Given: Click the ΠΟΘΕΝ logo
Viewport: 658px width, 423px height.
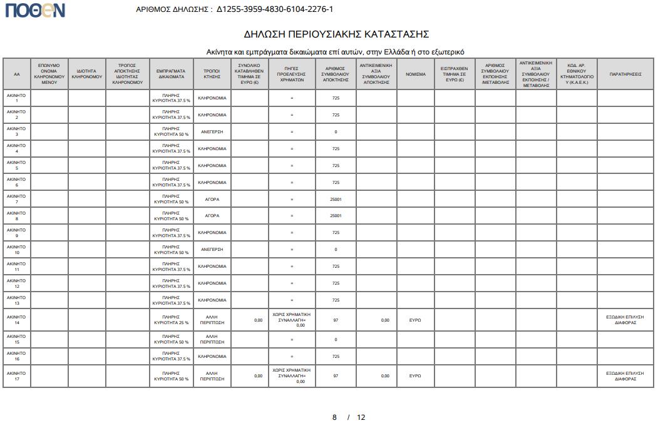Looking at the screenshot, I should pos(35,10).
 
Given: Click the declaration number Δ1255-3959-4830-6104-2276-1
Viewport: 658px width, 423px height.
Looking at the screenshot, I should pos(275,9).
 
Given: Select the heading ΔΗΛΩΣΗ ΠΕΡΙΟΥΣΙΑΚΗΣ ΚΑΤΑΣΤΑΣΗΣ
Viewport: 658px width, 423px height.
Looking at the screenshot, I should pos(336,34).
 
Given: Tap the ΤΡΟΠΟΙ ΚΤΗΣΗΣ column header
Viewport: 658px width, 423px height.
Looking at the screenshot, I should pos(212,74).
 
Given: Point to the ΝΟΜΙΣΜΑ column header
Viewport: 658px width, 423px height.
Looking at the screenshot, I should pos(415,74).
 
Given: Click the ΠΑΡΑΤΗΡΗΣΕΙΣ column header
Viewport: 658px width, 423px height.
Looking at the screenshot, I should pos(625,74).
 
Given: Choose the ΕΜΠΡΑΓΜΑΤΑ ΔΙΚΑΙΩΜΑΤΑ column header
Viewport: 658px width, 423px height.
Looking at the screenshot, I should pos(171,74).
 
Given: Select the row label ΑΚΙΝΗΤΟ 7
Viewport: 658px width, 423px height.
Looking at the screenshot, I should pos(17,199).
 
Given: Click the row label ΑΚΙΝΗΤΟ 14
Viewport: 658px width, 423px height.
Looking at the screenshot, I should pos(17,320).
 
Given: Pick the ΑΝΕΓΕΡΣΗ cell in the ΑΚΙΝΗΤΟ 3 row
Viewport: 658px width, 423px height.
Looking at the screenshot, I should pos(212,132).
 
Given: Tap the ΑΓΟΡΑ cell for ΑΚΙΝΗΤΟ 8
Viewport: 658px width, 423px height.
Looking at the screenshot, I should pos(212,216).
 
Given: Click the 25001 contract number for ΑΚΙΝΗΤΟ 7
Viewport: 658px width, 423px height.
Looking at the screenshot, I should pos(336,199).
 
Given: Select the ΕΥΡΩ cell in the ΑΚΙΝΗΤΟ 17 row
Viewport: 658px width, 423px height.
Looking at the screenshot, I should pos(415,376).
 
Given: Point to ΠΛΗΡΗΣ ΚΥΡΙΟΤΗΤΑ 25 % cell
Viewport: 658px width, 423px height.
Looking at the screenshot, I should pos(171,320).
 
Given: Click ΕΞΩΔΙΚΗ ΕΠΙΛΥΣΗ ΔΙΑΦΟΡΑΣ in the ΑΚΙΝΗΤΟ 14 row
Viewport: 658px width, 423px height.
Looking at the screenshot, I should pos(625,320).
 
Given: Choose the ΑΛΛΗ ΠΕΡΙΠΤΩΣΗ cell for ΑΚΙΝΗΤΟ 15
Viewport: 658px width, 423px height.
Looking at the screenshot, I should pos(212,340).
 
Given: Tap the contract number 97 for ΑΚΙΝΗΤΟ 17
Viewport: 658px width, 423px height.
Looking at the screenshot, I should pos(336,376).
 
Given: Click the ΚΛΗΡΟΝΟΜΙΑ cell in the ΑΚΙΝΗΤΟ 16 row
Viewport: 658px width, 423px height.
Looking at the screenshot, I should pos(212,357).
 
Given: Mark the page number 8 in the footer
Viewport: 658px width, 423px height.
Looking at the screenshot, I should pos(334,417).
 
